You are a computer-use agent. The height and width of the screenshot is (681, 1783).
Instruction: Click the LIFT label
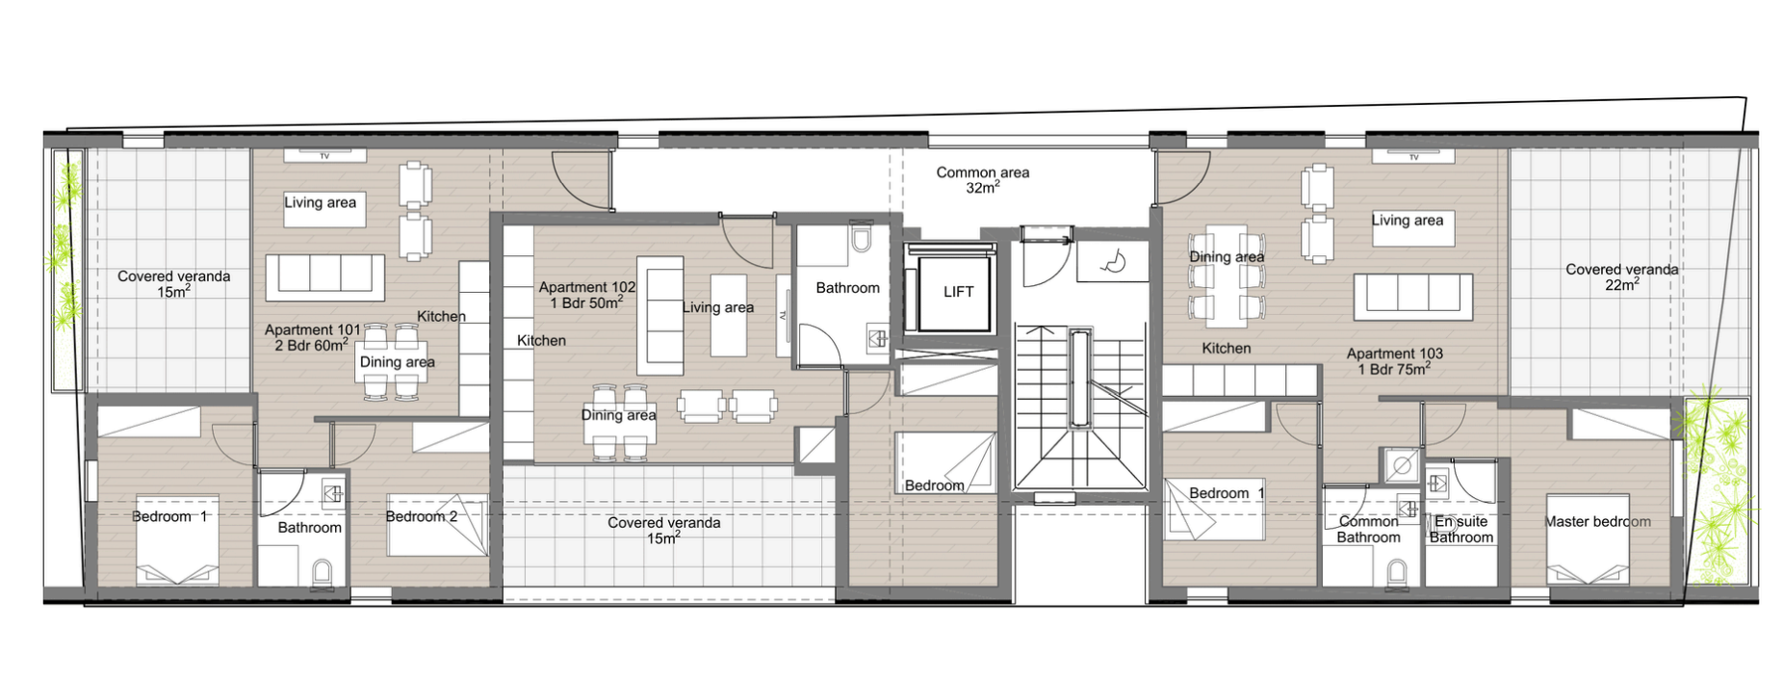(958, 292)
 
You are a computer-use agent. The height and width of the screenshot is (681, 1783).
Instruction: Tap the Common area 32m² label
(982, 180)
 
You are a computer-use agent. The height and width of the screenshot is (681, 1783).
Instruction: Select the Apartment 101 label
(312, 337)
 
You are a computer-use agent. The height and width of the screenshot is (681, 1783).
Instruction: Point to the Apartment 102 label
(586, 295)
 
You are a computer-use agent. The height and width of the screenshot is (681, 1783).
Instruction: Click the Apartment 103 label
(1394, 361)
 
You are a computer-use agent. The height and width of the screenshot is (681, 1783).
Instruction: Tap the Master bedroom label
(1597, 522)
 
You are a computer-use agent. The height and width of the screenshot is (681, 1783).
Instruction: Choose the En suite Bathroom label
(1460, 530)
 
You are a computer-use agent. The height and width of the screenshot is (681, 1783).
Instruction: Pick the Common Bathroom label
(1368, 530)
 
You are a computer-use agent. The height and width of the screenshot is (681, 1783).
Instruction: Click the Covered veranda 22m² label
(1621, 277)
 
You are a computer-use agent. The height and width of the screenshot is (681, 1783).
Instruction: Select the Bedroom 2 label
(421, 516)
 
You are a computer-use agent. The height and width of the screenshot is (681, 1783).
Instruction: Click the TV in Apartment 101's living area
(324, 155)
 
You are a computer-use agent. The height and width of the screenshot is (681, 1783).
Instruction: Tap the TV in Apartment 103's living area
(1413, 156)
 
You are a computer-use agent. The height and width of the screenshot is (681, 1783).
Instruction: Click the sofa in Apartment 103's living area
(1412, 296)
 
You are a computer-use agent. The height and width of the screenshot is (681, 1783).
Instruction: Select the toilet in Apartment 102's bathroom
(861, 236)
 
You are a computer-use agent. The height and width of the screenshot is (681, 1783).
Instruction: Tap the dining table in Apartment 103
(1226, 275)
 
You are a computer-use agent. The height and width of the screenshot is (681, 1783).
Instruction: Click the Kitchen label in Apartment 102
(541, 340)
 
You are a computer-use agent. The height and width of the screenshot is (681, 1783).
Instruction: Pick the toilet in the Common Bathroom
(1395, 574)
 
